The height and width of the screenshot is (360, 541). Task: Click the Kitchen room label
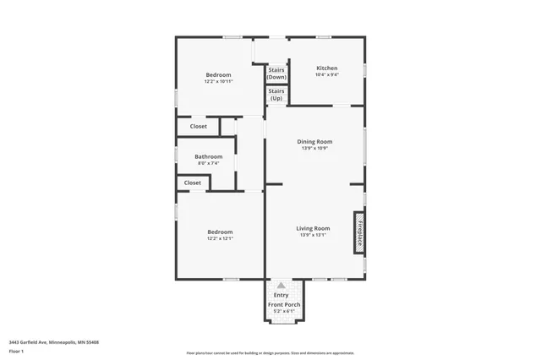coord(327,68)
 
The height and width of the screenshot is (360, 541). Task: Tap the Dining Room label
coord(314,141)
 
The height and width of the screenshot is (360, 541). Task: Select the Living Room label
coord(313,228)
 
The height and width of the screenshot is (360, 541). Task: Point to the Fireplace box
coord(359,232)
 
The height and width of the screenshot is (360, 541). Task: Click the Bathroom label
coord(208,156)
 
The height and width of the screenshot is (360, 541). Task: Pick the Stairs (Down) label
coord(276,73)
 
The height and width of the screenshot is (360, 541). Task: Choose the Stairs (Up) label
coord(276,94)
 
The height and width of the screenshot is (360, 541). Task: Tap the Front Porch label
coord(284,304)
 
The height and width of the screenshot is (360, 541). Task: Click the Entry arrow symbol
coord(281,286)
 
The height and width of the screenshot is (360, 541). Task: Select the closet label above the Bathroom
coord(198,127)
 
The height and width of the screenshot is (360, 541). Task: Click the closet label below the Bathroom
coord(193,183)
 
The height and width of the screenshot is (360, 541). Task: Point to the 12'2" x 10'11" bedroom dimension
coord(217,82)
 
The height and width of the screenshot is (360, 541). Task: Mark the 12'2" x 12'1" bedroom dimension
coord(220,238)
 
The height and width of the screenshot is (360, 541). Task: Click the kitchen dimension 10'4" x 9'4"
coord(327,75)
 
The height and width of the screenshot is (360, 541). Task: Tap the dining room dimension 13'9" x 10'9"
coord(314,148)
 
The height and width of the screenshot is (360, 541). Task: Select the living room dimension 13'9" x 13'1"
coord(313,235)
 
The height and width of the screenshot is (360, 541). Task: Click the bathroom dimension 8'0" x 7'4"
coord(208,163)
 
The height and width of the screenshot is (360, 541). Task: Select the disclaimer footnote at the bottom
coord(270,353)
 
